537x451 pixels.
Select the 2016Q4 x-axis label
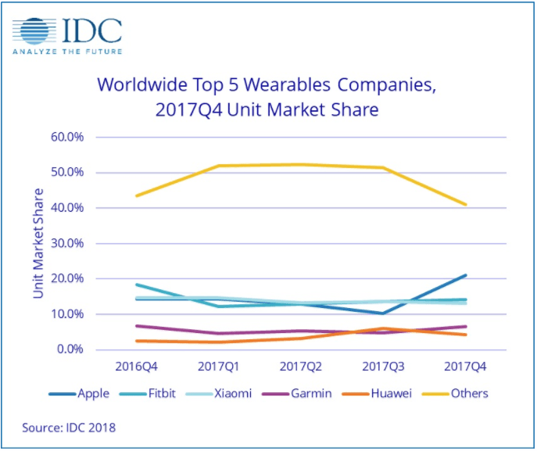point(138,366)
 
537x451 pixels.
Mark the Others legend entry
point(469,393)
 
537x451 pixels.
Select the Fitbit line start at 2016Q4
point(138,285)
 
